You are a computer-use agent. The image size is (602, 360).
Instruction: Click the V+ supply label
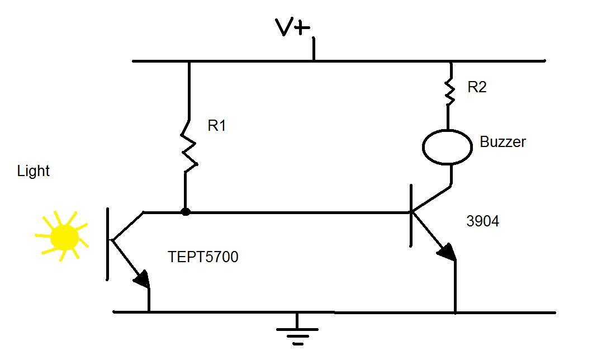(292, 27)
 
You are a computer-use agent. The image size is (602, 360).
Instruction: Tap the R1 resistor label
(216, 126)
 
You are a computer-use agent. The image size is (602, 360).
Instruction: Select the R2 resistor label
(476, 87)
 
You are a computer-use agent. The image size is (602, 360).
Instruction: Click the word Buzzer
(503, 142)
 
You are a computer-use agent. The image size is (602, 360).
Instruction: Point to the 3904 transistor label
(482, 221)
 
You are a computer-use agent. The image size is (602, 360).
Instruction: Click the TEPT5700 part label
(203, 257)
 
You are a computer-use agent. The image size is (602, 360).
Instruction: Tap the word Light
(34, 171)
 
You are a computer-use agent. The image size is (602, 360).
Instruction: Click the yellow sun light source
(63, 237)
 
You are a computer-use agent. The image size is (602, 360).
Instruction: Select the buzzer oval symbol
(447, 147)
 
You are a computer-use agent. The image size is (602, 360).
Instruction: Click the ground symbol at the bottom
(297, 333)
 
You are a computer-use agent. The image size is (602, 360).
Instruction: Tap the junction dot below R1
(186, 212)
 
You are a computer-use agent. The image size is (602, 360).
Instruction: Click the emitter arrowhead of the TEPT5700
(143, 279)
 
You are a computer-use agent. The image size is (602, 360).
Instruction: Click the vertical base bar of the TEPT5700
(108, 243)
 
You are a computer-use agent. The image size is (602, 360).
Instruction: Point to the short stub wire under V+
(313, 49)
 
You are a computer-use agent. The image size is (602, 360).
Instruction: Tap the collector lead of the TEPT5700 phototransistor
(128, 226)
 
